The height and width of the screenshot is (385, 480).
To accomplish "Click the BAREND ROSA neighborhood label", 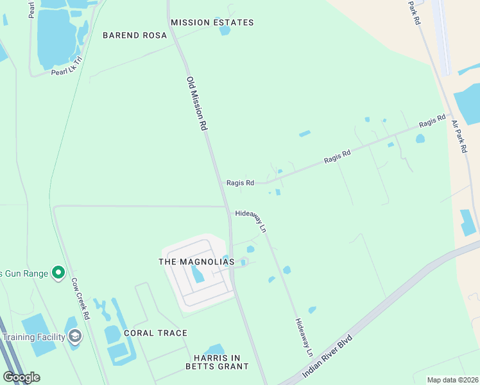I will click(130, 35).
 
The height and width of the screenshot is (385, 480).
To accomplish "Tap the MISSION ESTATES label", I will click(212, 22).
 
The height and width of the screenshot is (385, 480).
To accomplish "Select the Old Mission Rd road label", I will click(198, 104).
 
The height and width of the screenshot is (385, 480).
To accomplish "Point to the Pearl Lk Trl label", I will click(68, 67).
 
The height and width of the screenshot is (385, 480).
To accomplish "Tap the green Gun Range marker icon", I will click(58, 273).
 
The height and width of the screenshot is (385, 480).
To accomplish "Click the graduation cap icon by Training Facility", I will click(75, 337).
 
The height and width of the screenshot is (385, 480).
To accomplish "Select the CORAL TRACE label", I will click(155, 333).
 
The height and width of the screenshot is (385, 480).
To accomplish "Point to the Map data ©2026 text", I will click(452, 380).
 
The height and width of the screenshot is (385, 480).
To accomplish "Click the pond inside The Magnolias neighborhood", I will click(197, 275).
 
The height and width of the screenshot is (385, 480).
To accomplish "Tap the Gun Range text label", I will click(24, 273).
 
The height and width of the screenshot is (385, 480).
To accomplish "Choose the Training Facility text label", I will click(33, 337).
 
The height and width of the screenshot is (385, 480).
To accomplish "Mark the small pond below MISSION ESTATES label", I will click(224, 30).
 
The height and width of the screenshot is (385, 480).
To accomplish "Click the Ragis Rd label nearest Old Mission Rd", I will click(240, 183).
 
